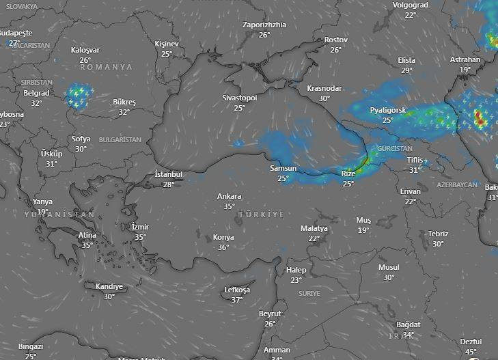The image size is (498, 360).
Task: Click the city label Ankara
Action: pos(229,197)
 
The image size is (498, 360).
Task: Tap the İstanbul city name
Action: pos(169,174)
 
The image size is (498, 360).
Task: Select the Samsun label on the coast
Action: pos(283,169)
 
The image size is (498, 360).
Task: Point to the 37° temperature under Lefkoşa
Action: pos(237,300)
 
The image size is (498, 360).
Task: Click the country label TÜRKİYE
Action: pos(261,214)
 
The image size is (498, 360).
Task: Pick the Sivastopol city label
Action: pos(239,98)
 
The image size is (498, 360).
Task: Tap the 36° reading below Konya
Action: pos(223,247)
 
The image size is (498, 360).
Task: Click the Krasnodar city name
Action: pos(324,89)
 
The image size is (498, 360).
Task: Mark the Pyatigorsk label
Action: pos(387,110)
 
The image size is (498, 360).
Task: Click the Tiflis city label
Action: pos(415,161)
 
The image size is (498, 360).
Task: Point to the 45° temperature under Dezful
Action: pos(471,352)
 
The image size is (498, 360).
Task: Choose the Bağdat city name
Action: pos(408,324)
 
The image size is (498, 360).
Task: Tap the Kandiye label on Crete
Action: pos(109,287)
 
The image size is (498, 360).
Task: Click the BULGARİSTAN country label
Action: pos(120,139)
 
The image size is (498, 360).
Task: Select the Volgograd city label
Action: pos(410,5)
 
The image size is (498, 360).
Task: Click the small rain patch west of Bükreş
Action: pos(79,96)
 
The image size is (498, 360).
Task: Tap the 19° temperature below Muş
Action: pos(363,230)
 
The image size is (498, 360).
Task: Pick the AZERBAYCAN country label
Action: pos(457,185)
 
